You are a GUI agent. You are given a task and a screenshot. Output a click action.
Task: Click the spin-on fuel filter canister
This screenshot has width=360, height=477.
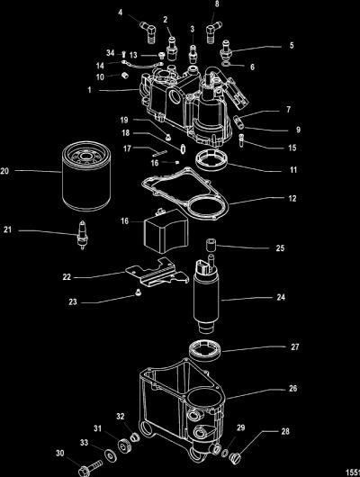tap(86, 175)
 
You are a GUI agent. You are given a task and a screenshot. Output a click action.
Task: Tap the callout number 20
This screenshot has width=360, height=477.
tap(4, 171)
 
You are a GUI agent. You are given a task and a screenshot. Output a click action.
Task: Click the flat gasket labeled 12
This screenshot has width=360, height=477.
tap(185, 194)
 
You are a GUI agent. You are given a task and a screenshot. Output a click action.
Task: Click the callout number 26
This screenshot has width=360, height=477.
tap(292, 389)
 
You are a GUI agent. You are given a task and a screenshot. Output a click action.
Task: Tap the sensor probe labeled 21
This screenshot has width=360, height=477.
tap(82, 235)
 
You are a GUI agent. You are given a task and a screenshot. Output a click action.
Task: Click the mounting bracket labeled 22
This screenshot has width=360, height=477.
tap(157, 273)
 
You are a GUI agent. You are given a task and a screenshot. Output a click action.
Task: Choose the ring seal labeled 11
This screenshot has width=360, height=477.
tap(211, 161)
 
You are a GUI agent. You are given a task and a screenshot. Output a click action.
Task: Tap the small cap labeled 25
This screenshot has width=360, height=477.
tap(210, 245)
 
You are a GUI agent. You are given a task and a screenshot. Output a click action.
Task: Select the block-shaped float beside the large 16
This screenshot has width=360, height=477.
tap(166, 231)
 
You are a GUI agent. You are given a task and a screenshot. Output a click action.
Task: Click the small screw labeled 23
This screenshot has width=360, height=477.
tap(138, 292)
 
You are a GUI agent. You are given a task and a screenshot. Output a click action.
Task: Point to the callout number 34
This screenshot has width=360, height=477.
tap(110, 53)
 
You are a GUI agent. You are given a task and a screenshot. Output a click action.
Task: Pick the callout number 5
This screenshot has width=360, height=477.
tap(292, 46)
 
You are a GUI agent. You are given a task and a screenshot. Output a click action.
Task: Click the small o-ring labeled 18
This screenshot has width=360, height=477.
tap(183, 148)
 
